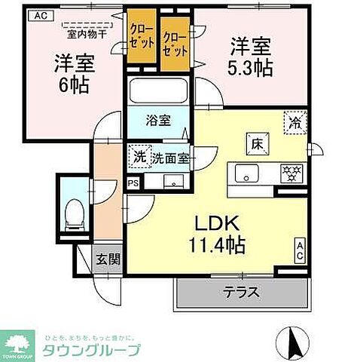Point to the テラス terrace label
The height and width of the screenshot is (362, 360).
point(240,290)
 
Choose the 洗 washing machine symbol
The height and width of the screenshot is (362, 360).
point(139,157)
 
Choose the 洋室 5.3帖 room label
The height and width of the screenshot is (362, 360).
point(252,56)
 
